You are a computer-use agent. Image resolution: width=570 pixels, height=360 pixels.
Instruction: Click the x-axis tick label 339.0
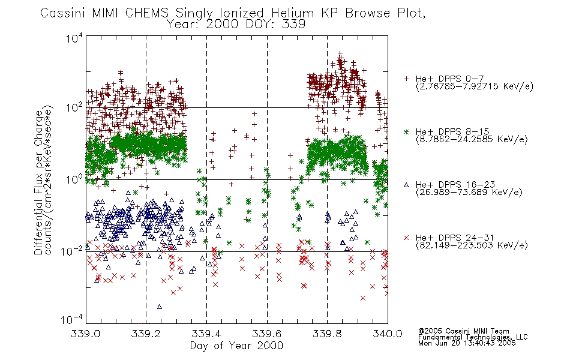85,334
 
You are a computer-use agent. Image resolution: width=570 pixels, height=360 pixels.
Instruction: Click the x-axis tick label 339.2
146,334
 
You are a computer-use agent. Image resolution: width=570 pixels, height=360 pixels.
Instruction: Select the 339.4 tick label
206,334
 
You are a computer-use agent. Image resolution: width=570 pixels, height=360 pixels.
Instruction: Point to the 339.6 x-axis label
267,334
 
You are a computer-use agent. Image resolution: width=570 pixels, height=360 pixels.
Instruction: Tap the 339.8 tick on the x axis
327,334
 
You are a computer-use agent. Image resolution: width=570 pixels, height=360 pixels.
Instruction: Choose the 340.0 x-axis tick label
388,334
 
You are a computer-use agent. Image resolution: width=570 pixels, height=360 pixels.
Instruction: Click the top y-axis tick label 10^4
74,38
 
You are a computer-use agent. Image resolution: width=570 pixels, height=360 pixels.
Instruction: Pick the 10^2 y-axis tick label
74,107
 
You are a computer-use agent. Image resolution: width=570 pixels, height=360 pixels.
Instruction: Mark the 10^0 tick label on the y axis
74,179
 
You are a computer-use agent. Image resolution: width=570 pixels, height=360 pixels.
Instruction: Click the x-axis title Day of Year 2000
236,346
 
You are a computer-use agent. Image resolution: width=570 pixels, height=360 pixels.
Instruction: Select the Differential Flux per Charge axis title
38,182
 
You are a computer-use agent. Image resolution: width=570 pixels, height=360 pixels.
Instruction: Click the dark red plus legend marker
406,79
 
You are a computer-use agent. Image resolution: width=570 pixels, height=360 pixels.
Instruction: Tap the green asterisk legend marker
406,131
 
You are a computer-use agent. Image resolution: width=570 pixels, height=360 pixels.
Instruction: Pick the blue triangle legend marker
406,185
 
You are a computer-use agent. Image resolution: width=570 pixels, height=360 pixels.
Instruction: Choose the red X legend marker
406,238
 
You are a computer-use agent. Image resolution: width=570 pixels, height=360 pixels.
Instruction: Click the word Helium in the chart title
292,13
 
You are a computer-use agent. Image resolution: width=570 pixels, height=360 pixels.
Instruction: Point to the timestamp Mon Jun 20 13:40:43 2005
467,343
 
